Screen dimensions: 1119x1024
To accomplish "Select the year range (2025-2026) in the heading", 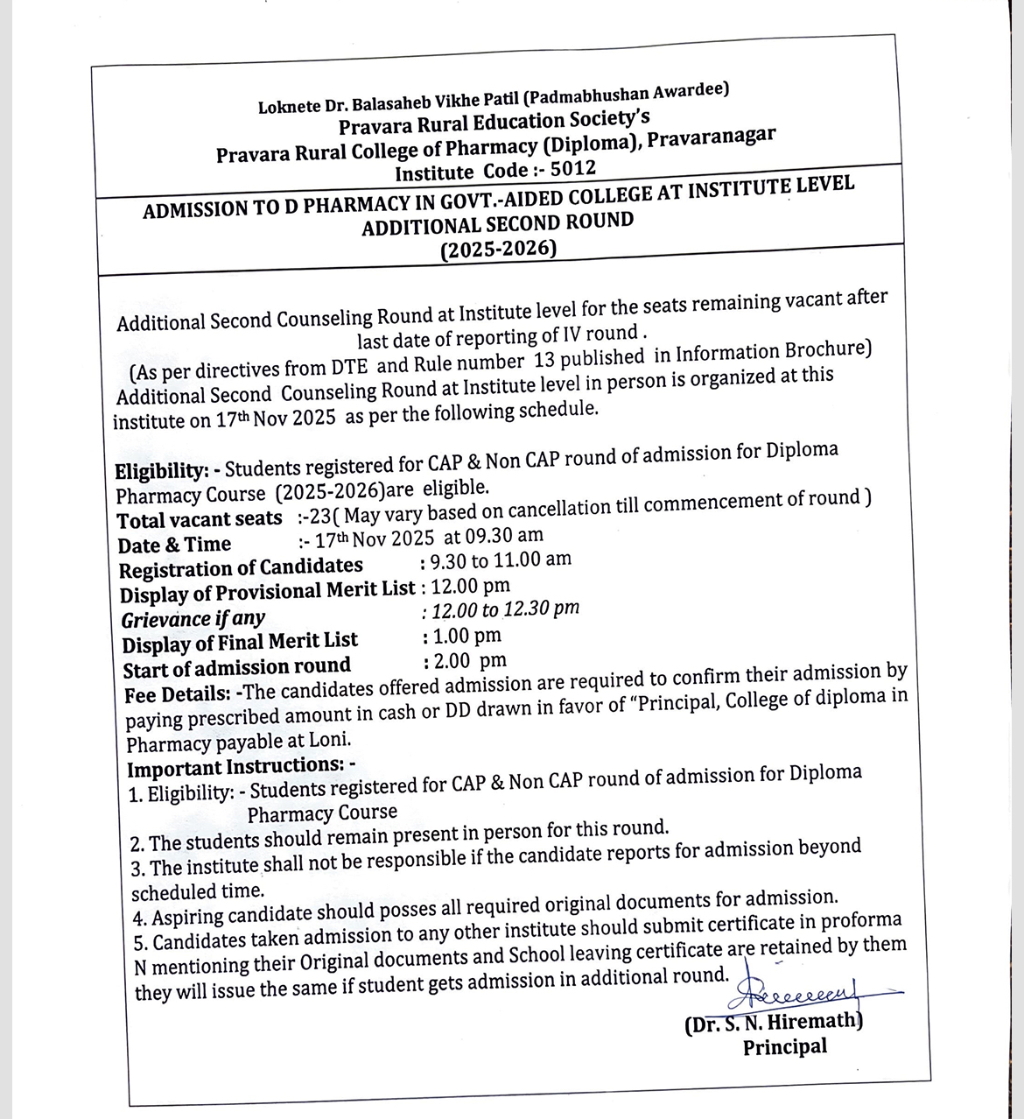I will (x=498, y=250).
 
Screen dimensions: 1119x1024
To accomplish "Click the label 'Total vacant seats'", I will (x=200, y=519).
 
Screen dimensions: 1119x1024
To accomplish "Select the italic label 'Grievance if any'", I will (x=193, y=619).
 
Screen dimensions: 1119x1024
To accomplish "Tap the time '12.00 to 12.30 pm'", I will (x=502, y=609).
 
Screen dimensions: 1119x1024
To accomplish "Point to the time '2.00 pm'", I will (x=466, y=661).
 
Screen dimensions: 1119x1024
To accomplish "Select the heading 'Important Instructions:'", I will (x=236, y=768).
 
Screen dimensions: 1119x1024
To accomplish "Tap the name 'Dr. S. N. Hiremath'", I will (x=774, y=1021).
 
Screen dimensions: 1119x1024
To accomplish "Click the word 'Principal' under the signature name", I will (x=784, y=1046).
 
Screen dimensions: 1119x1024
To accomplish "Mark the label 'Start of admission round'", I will (x=236, y=669).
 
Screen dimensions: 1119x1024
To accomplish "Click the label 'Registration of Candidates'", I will (x=241, y=568).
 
